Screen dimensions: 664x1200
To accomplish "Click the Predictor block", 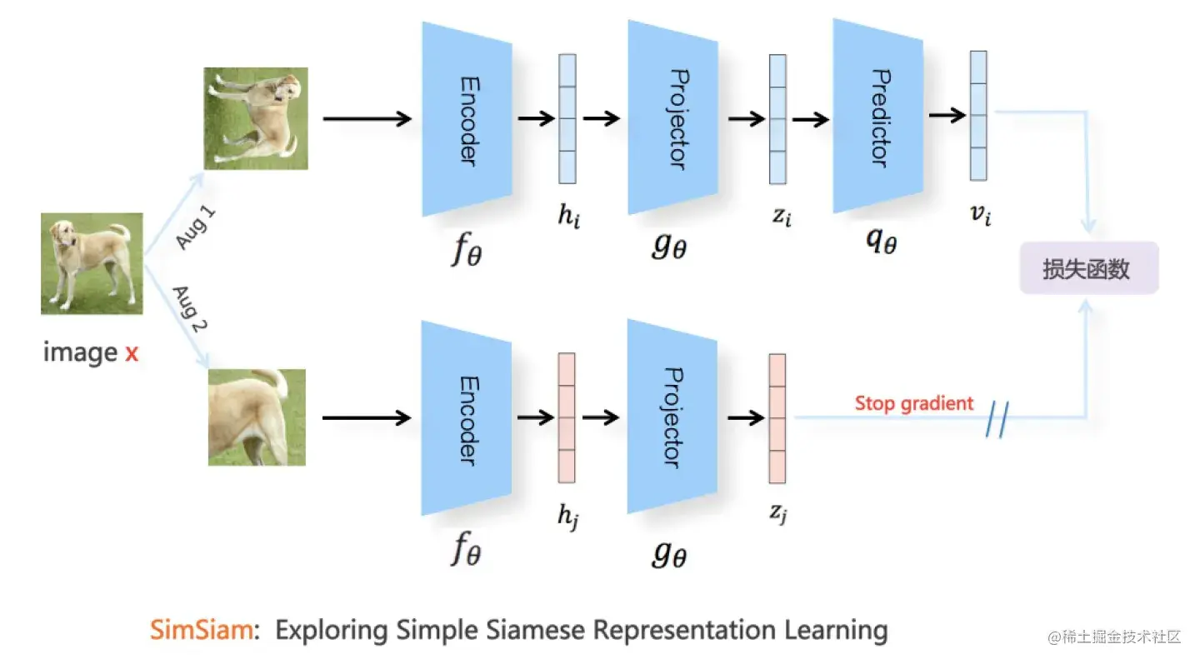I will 877,117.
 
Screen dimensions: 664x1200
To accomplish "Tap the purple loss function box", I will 1088,268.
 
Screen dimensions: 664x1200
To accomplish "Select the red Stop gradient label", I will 913,404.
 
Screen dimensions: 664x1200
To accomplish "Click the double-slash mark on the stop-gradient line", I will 997,421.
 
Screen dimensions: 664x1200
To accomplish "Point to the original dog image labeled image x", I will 92,263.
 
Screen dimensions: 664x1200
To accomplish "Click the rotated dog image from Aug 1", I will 257,118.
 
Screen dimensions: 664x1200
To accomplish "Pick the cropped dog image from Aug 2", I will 257,417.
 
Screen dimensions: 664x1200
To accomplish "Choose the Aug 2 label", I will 191,309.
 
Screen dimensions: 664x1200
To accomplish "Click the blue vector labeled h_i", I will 567,118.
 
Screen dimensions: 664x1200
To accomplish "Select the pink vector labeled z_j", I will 777,418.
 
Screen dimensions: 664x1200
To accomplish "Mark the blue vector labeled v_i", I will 978,115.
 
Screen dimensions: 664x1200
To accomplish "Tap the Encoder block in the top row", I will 467,118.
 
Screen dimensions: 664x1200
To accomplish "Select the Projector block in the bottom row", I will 672,417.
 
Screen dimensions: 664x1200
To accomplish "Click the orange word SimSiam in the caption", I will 200,630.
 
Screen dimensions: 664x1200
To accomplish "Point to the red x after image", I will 132,353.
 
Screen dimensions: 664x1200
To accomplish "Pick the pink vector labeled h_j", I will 567,418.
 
